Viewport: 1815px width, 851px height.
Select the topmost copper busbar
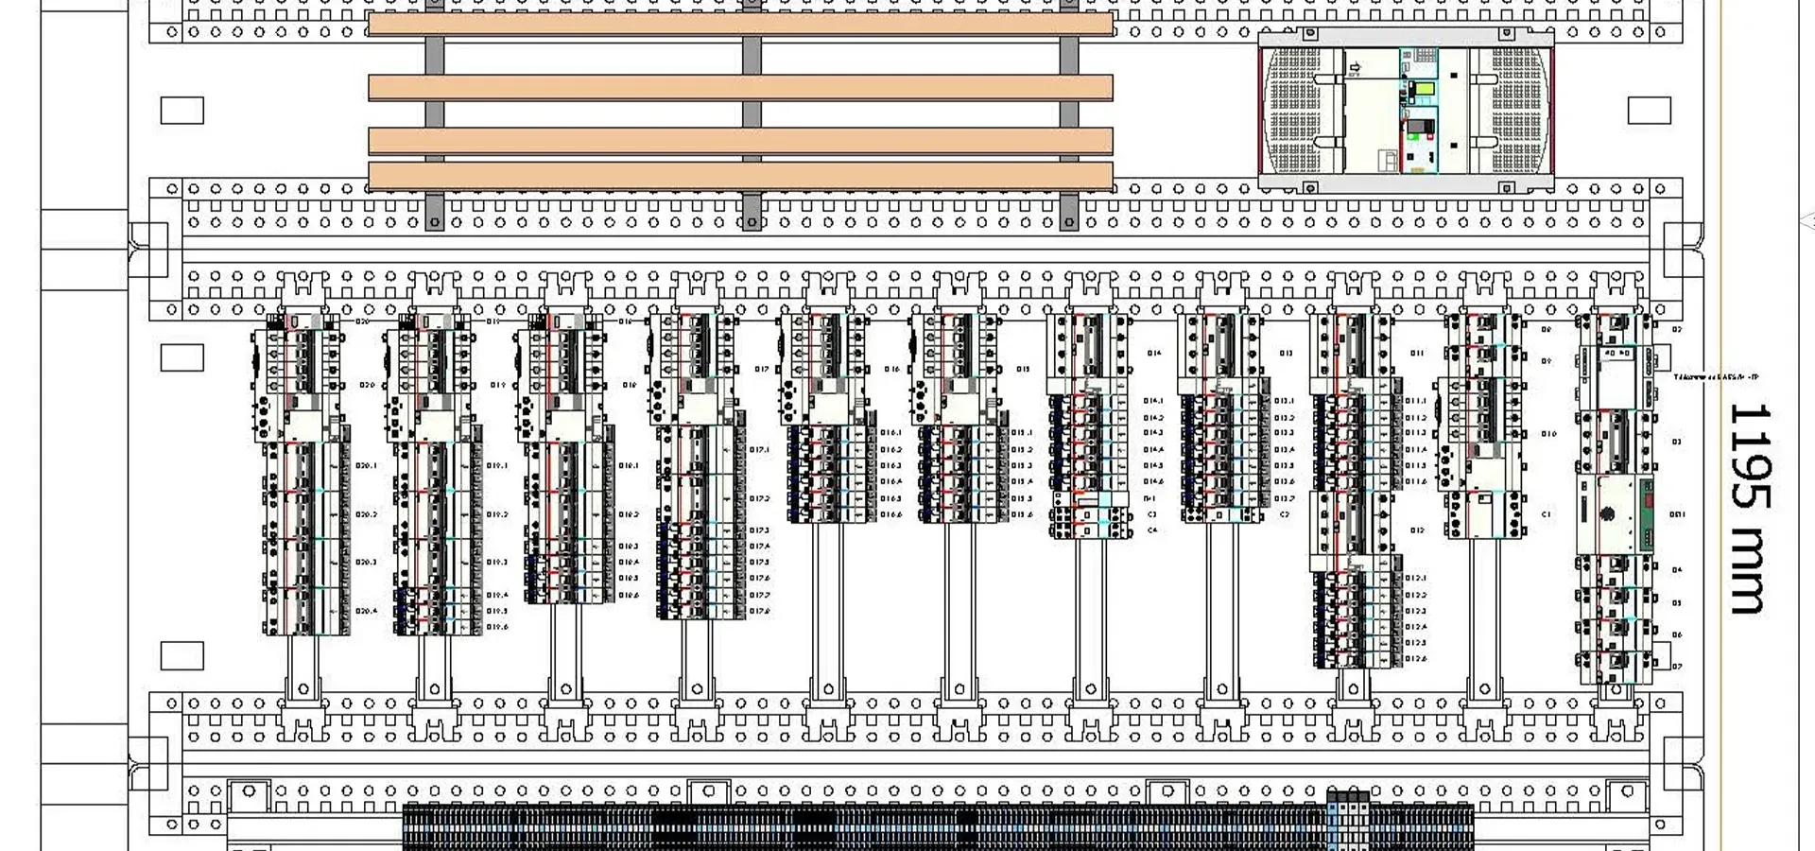[740, 25]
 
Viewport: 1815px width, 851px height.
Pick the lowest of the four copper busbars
[740, 176]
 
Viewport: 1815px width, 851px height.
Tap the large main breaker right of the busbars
[1406, 112]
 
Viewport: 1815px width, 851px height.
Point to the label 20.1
[366, 465]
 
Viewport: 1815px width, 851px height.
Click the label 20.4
[366, 611]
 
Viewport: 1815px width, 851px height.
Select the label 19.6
[497, 627]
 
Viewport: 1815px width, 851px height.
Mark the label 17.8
[759, 612]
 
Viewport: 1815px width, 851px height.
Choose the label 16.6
[890, 515]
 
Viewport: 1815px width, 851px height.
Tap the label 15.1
[1021, 433]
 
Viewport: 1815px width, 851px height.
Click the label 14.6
[1152, 481]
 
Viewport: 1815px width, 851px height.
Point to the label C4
[1152, 530]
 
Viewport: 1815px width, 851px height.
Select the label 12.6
[1415, 658]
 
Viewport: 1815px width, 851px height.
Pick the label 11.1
[1415, 401]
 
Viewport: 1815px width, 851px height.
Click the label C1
[1547, 514]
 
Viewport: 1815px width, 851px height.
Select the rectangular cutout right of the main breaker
[1649, 111]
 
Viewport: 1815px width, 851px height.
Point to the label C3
[1152, 514]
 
